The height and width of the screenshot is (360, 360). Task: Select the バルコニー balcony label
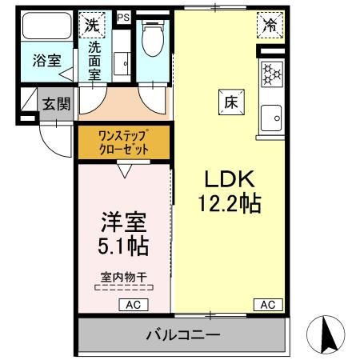point(182,334)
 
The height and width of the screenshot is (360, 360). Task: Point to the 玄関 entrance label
point(56,104)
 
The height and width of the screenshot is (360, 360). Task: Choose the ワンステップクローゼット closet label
point(123,142)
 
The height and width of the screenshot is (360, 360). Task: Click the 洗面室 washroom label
point(94,61)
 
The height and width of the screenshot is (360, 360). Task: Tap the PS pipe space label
point(123,16)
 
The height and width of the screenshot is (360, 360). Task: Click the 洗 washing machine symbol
point(94,24)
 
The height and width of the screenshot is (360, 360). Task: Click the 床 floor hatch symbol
point(230,102)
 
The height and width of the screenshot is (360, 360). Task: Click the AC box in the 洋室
point(132,304)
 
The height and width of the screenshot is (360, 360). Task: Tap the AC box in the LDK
point(267,304)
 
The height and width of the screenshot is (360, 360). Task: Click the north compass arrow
point(327,330)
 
